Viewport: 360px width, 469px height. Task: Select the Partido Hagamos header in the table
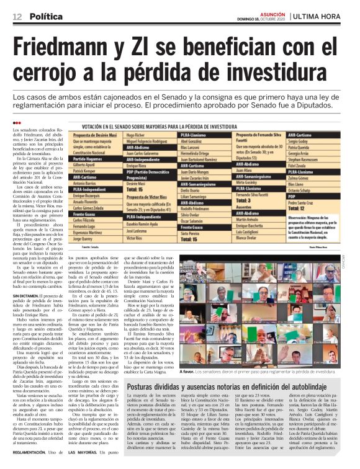click(x=88, y=159)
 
